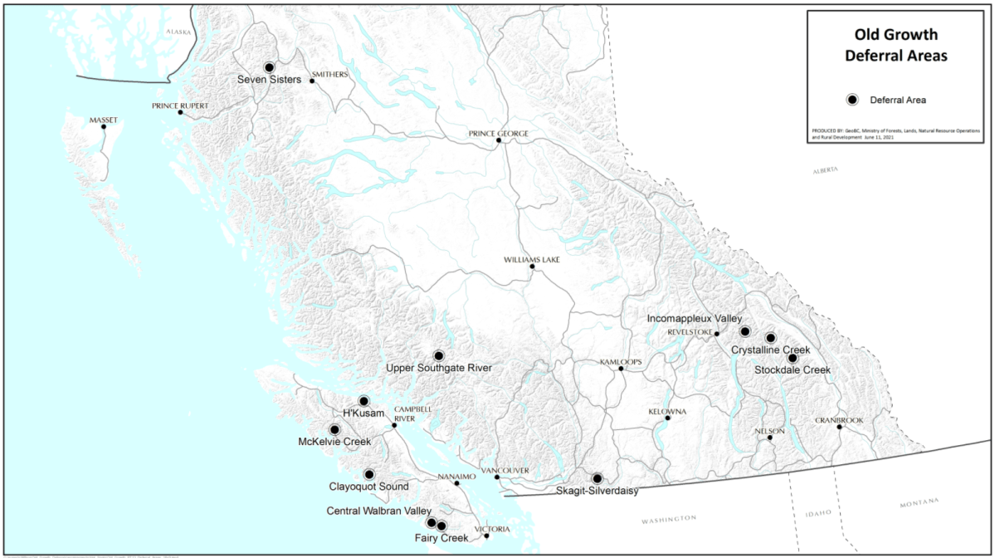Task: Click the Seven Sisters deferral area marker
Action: (269, 67)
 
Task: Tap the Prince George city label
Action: (498, 133)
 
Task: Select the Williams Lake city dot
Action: (532, 267)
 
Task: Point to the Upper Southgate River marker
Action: (439, 355)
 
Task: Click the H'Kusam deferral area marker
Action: (363, 401)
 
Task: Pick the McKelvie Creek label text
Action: (334, 442)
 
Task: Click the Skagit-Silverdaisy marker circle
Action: (597, 478)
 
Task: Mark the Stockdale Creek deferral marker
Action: (793, 358)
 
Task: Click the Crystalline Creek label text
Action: (770, 350)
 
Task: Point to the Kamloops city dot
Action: (621, 369)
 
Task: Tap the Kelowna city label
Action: (667, 412)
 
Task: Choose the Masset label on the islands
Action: (104, 120)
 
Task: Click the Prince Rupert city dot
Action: (180, 112)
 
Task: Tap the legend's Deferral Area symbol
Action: (851, 100)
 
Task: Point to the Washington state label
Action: (669, 519)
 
